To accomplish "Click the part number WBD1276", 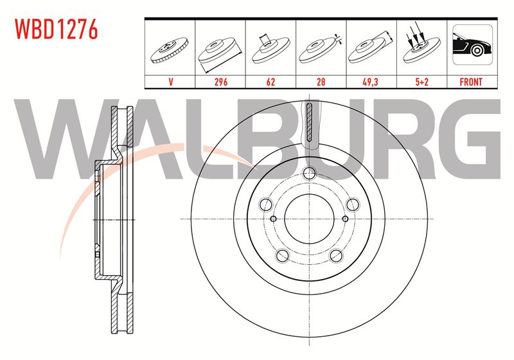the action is coord(57,29).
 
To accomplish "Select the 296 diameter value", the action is coord(220,82).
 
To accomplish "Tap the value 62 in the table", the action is coord(270,82).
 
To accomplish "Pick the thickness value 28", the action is coord(321,82).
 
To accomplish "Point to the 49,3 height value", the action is coord(371,82).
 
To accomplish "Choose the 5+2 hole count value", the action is coord(421,82).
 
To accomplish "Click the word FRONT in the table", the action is coord(471,82).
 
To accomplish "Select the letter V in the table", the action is coord(170,82).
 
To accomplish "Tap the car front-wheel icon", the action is coord(472,44).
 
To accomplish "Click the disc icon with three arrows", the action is coord(421,45).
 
